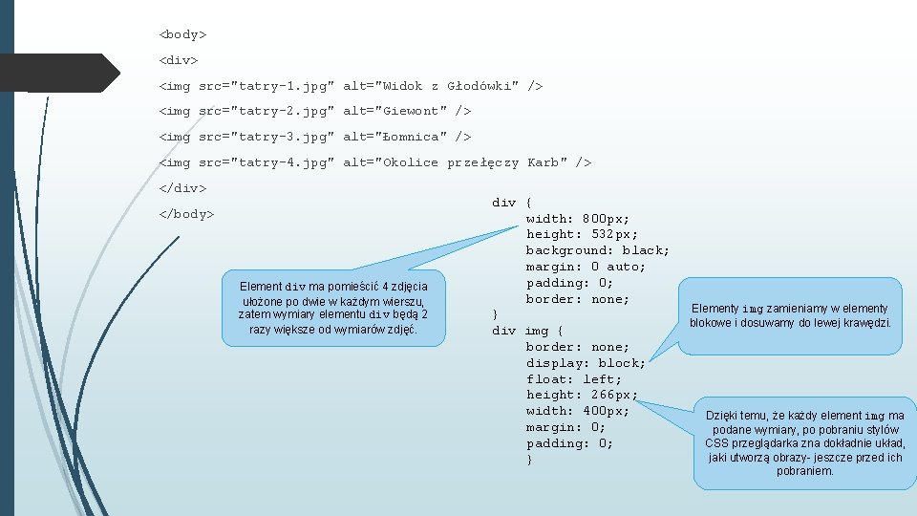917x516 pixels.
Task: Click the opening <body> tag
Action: [182, 34]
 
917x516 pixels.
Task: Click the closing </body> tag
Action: [186, 213]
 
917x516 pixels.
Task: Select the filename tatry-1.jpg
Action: [282, 86]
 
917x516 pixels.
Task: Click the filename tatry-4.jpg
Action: [282, 162]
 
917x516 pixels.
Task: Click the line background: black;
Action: [597, 250]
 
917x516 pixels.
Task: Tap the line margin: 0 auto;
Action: [586, 267]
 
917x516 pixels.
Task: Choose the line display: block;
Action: [586, 363]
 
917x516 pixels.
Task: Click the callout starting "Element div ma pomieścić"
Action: [333, 308]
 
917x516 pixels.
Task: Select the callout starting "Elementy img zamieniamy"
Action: [790, 315]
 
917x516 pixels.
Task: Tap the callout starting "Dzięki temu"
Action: [804, 442]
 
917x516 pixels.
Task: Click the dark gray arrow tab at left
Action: [57, 73]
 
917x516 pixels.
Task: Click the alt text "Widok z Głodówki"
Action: [449, 86]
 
